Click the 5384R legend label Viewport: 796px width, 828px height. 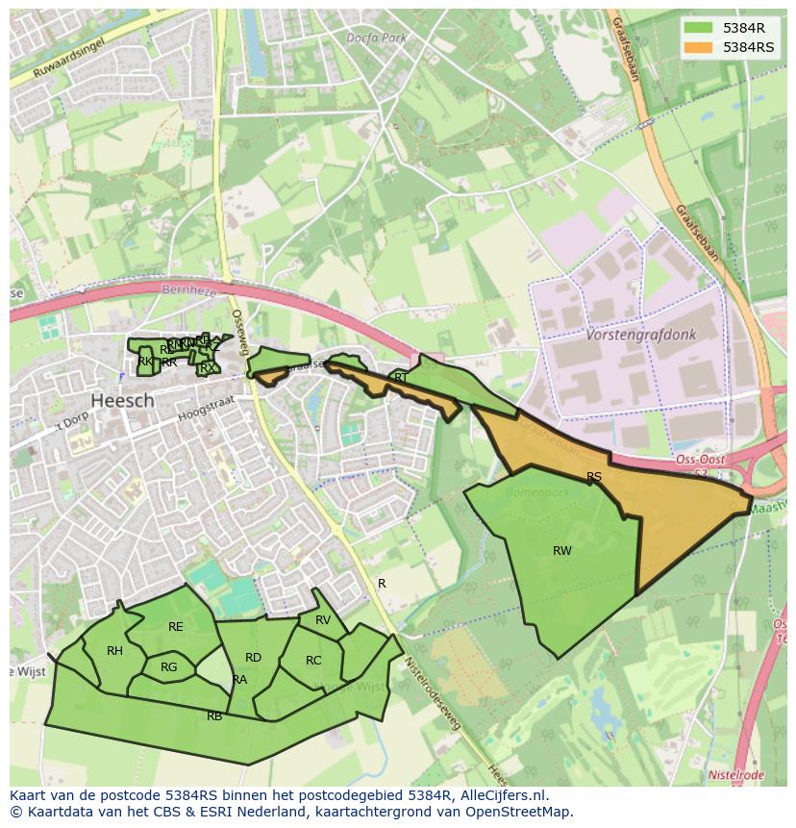(x=743, y=28)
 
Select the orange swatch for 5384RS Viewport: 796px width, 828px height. (x=699, y=47)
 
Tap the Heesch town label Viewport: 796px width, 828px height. (x=122, y=400)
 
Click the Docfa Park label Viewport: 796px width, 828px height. (x=377, y=38)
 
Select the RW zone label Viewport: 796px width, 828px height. (x=562, y=551)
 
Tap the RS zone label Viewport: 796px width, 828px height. (x=594, y=477)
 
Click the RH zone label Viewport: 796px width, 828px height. (x=114, y=651)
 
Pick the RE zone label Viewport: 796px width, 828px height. (x=175, y=627)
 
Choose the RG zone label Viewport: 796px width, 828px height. (x=169, y=667)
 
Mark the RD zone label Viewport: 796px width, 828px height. (x=253, y=658)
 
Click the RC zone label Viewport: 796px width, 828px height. (x=313, y=661)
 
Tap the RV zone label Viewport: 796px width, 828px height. (x=323, y=620)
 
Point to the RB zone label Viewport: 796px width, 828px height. (x=214, y=716)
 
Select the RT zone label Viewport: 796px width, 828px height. (x=401, y=378)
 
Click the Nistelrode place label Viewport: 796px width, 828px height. (x=735, y=775)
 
